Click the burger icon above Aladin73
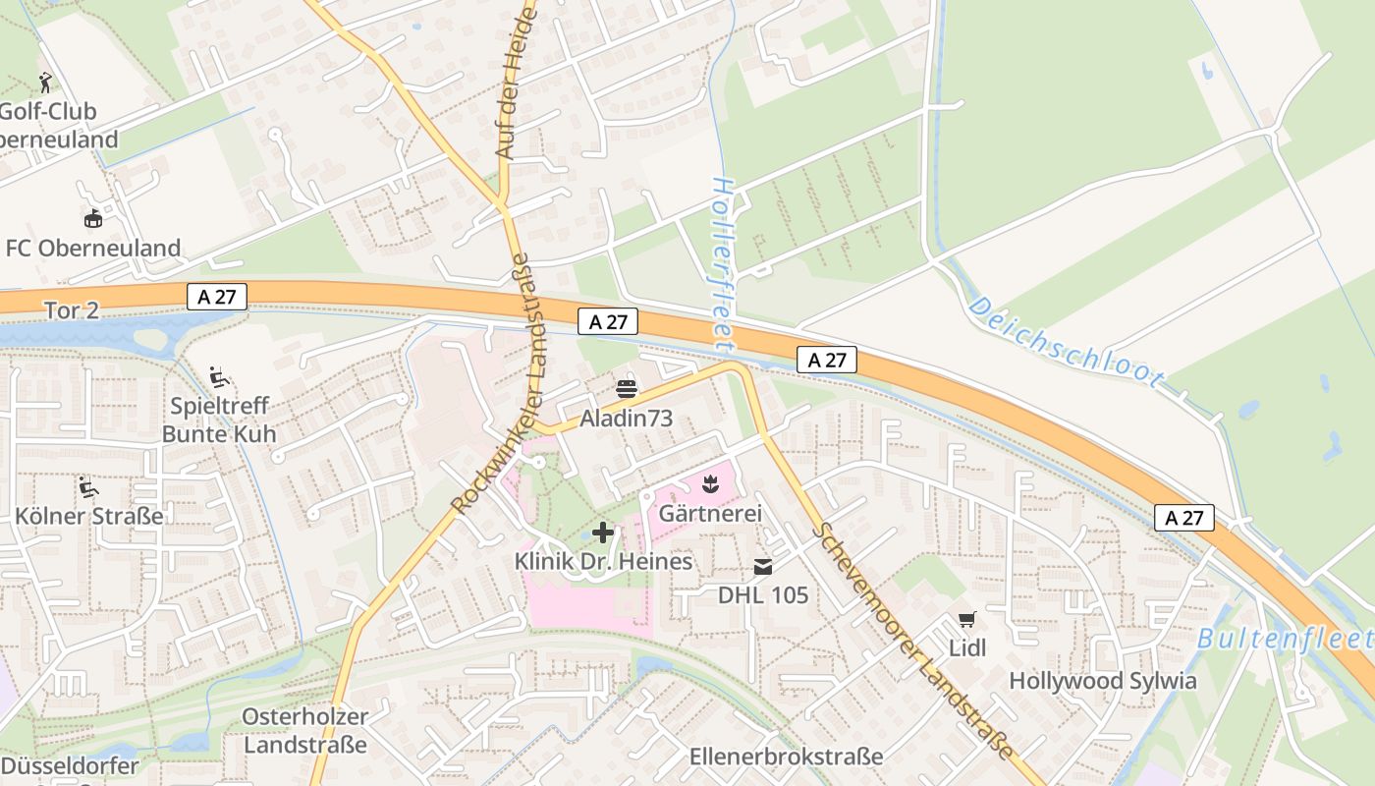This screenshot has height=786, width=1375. pos(626,388)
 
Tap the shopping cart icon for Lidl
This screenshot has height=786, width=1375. pos(967,619)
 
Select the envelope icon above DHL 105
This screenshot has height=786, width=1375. pos(763,566)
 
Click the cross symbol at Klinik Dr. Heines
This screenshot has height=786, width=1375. pos(603,533)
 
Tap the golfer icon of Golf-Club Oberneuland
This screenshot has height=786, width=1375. pos(44,83)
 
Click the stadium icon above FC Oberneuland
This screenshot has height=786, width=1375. pos(92,218)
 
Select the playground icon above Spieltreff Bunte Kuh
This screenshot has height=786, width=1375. pos(219,376)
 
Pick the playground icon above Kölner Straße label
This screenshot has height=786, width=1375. pos(88,486)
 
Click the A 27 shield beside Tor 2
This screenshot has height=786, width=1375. pos(216,297)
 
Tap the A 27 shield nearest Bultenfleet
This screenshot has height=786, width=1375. pos(1184,518)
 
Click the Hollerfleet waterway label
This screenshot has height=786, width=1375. pos(723,265)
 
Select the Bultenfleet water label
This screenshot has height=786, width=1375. pos(1285,639)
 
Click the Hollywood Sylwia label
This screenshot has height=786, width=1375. pos(1103,681)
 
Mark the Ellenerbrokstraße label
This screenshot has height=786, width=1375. pos(786,757)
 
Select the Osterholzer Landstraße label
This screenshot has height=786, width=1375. pos(304,731)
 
